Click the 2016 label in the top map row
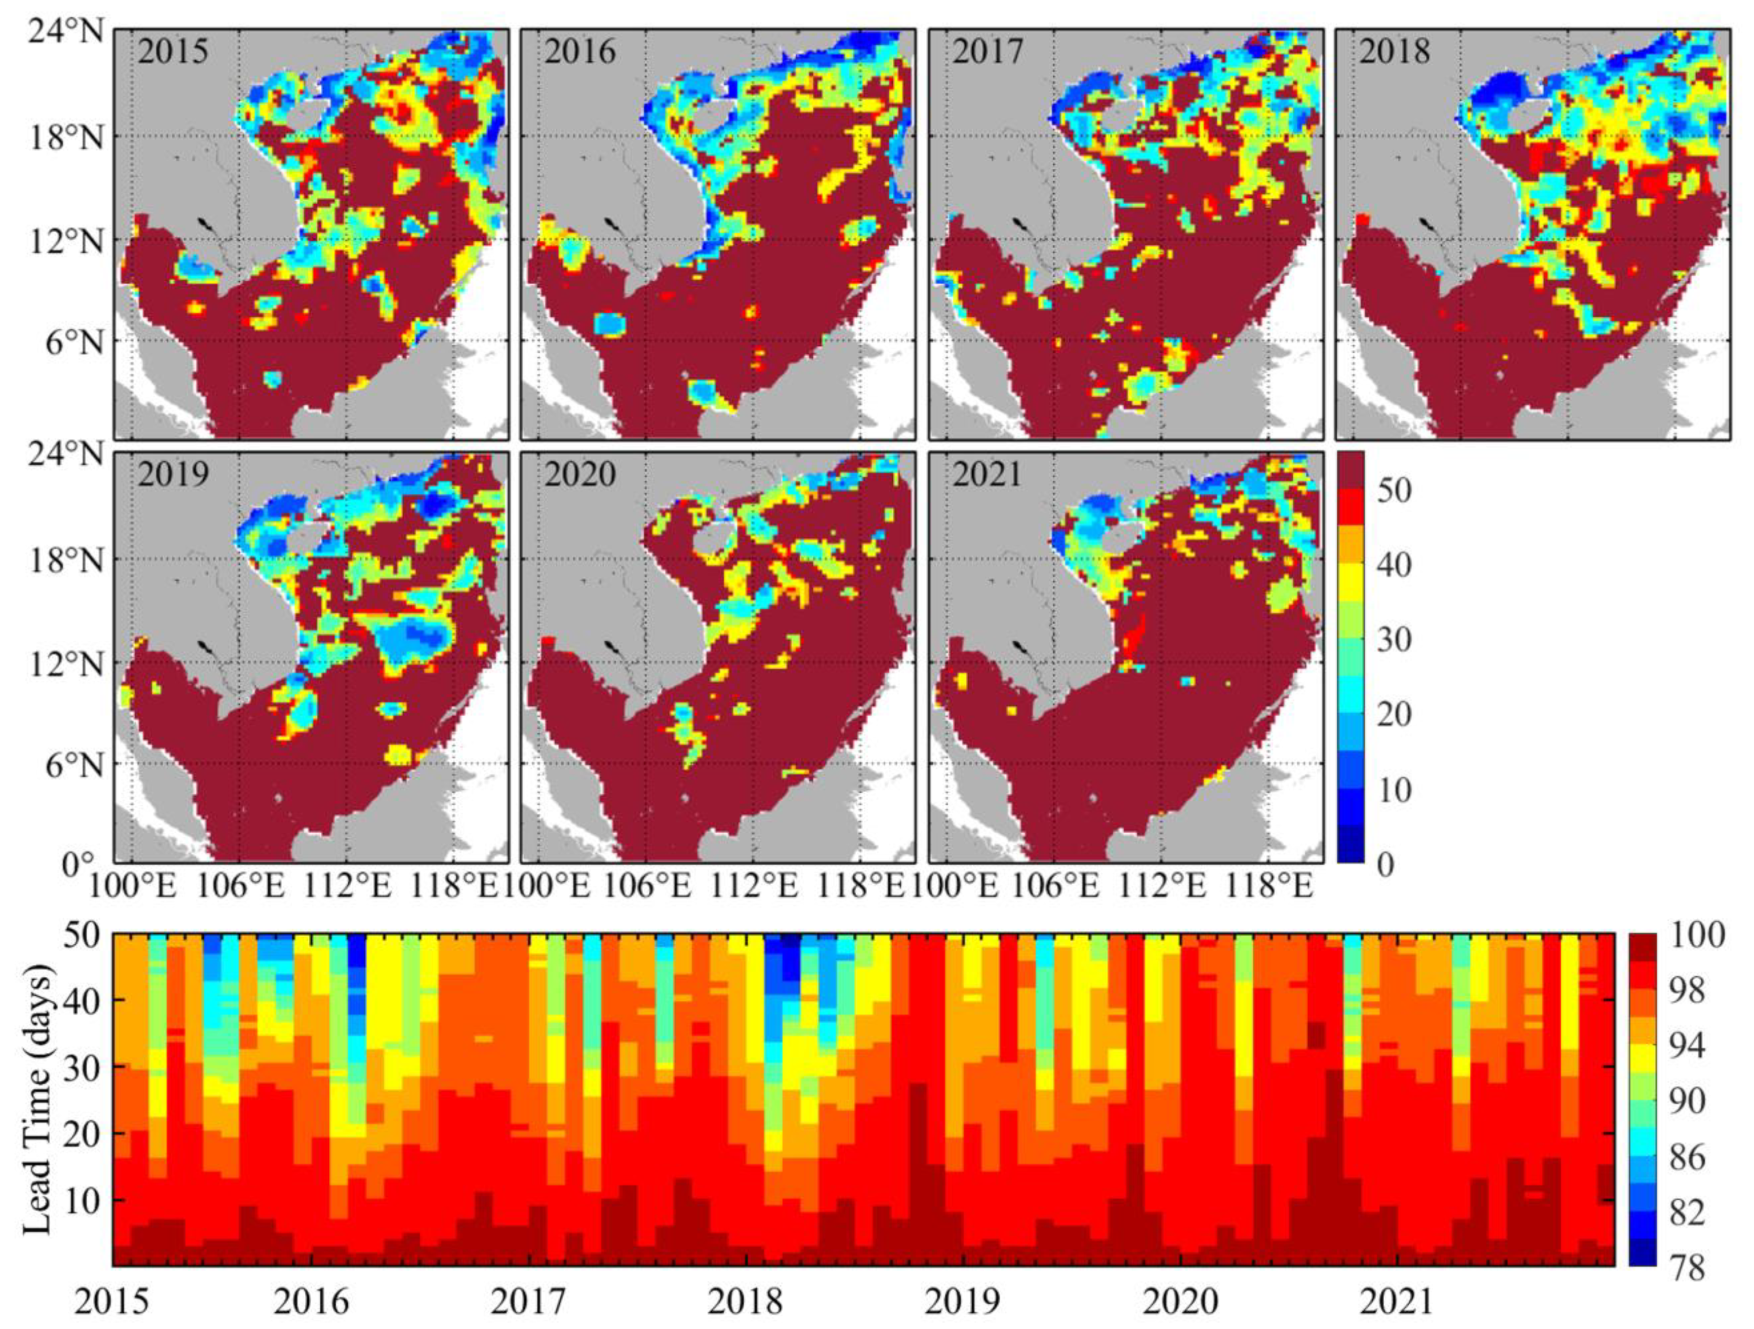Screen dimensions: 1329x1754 (581, 52)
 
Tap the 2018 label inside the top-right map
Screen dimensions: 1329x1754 (1395, 52)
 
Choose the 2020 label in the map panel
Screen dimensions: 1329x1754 (581, 475)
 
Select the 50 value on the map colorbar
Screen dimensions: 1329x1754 (1394, 491)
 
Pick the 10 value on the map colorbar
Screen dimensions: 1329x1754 (1394, 791)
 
